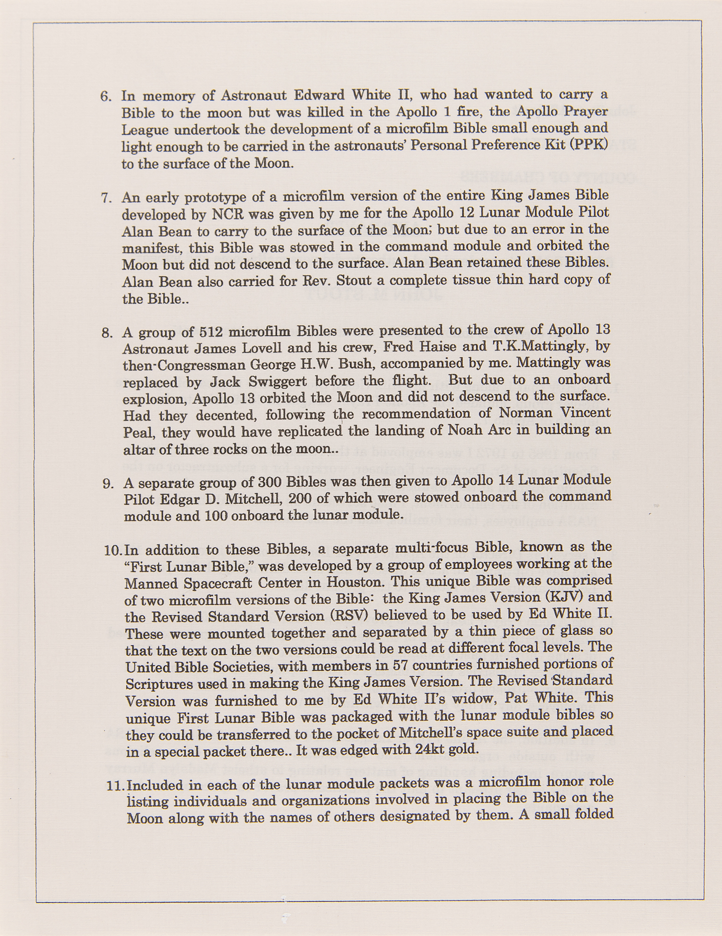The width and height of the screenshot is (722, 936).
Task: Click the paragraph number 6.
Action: (105, 96)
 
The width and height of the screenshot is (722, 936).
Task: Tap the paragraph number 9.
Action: (108, 483)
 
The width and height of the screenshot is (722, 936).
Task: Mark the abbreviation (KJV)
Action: (566, 598)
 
